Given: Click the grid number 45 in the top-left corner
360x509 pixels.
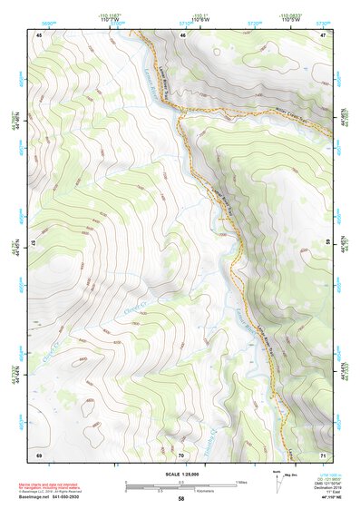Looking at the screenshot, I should pyautogui.click(x=39, y=34).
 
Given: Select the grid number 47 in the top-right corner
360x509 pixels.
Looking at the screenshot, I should pyautogui.click(x=324, y=34).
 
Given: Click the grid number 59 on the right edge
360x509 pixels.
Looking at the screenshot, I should pyautogui.click(x=327, y=243).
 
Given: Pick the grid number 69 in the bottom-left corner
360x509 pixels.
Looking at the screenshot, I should pyautogui.click(x=39, y=454).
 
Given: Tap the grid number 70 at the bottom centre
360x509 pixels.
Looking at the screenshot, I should pyautogui.click(x=181, y=454).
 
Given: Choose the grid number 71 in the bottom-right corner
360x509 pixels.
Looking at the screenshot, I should pyautogui.click(x=324, y=454).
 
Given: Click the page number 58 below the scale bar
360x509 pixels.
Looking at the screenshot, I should pyautogui.click(x=180, y=499).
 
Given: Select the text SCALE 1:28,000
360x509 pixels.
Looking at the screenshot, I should pyautogui.click(x=180, y=474).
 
